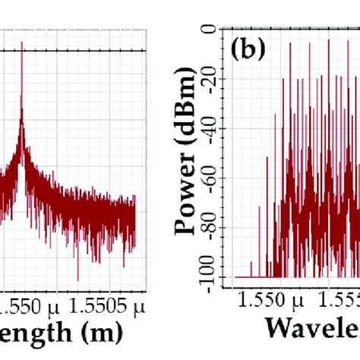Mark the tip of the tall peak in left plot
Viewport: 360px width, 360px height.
(22, 42)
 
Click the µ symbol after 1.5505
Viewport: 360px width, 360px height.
(138, 307)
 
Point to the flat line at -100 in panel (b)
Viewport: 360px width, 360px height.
(247, 276)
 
